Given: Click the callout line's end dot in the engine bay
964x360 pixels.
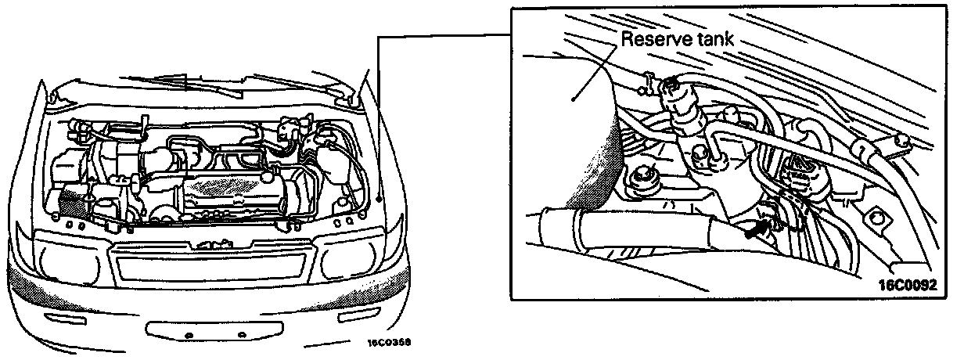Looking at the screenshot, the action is coord(377,200).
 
